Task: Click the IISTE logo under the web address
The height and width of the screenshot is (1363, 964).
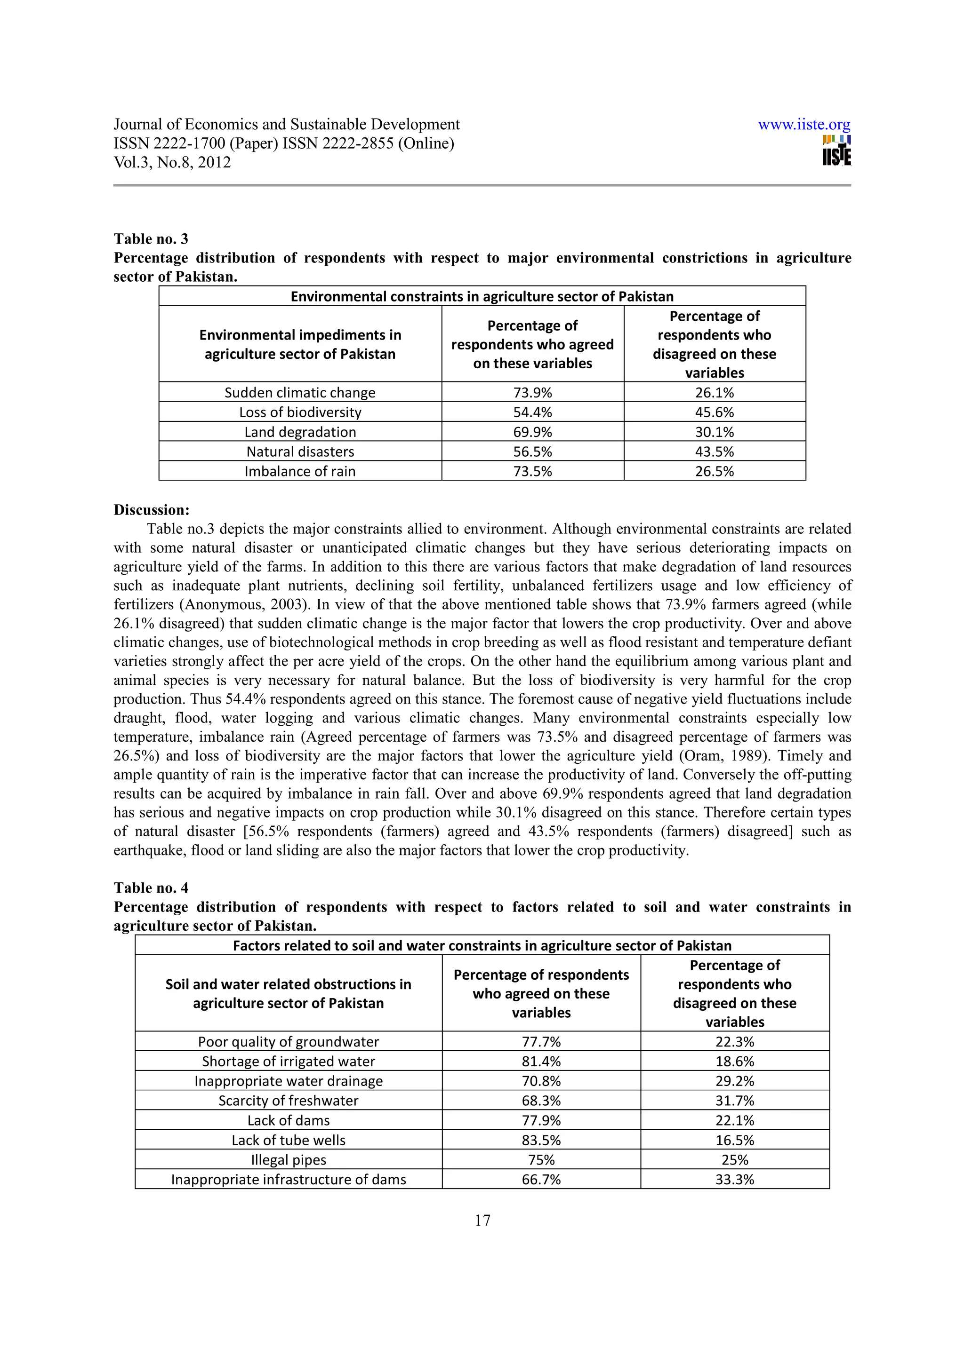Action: coord(836,151)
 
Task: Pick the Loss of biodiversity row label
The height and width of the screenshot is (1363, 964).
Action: coord(300,412)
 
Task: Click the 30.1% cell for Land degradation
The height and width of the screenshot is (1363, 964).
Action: coord(714,432)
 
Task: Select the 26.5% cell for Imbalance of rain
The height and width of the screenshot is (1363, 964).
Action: coord(714,471)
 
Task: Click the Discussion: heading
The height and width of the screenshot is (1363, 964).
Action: coord(152,510)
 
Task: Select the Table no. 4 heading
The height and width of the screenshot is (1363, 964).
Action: coord(151,888)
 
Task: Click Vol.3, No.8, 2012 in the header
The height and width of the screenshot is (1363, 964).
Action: coord(172,163)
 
